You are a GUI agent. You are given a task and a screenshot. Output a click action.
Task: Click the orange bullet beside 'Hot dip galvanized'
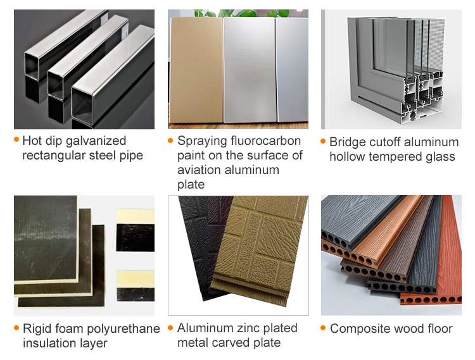click(16, 140)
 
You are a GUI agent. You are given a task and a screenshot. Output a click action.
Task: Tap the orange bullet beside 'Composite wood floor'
click(324, 328)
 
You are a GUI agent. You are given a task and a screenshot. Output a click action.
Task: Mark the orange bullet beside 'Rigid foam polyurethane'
click(16, 328)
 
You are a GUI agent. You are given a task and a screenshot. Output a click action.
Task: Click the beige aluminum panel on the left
click(196, 70)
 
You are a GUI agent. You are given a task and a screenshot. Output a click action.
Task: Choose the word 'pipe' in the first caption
click(131, 156)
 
